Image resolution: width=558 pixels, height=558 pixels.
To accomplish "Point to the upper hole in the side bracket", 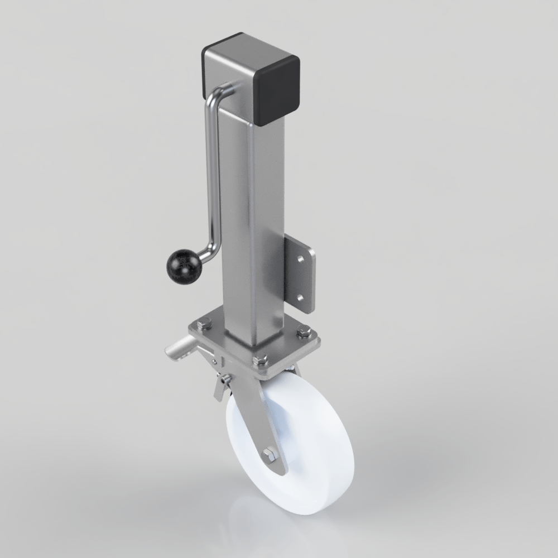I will point(301,260).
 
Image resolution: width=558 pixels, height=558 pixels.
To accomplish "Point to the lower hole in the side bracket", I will point(301,297).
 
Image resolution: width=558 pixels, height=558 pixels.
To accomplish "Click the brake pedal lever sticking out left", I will point(177,352).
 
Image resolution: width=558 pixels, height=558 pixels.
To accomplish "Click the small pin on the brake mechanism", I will point(224,381).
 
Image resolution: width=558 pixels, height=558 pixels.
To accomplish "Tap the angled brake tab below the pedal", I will point(219,391).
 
